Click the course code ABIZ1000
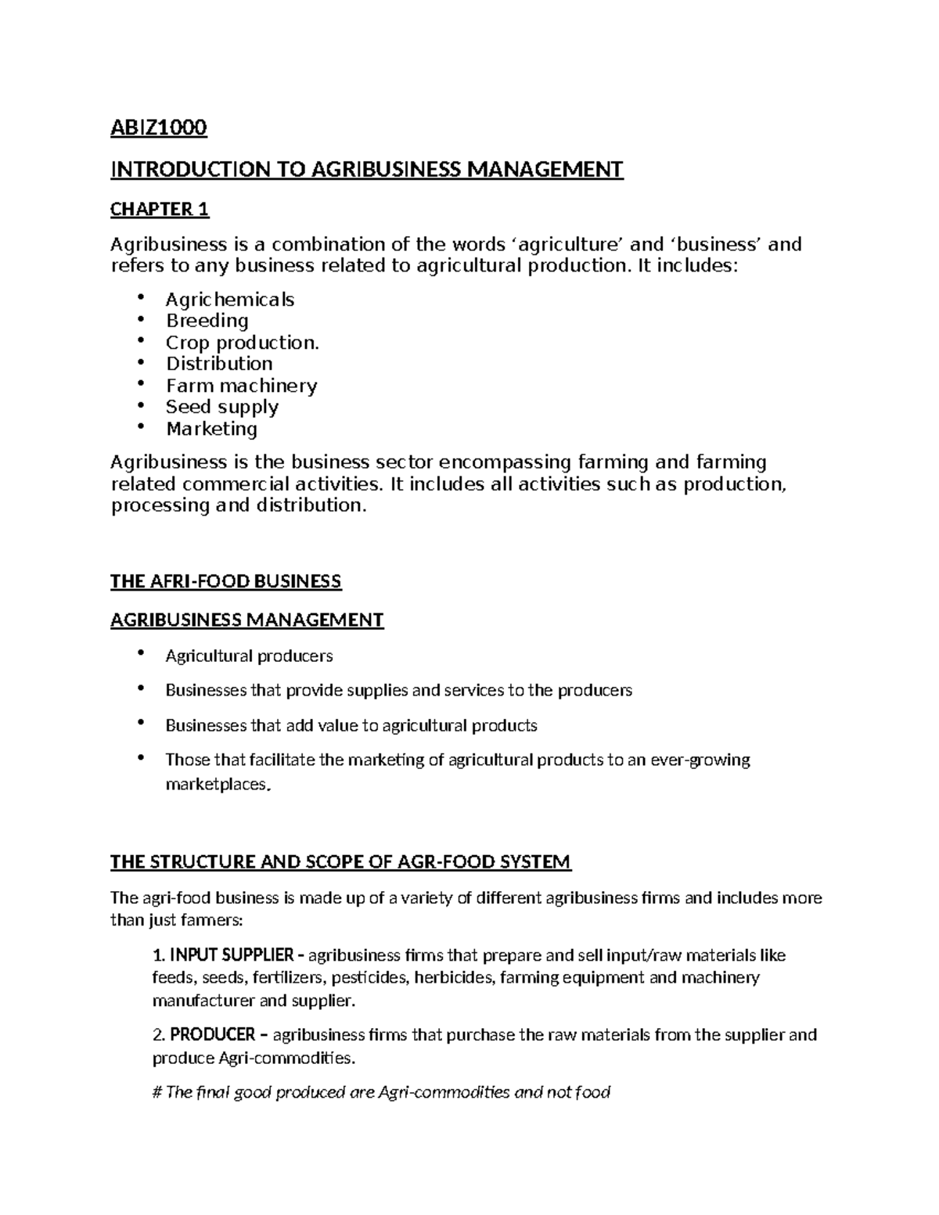159,128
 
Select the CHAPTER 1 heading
160,209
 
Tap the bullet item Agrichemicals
229,299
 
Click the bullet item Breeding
207,321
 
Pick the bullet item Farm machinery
241,386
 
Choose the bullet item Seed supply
221,407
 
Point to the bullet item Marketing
211,429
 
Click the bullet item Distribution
219,364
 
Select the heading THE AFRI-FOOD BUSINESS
226,581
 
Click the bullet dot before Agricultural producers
140,653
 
